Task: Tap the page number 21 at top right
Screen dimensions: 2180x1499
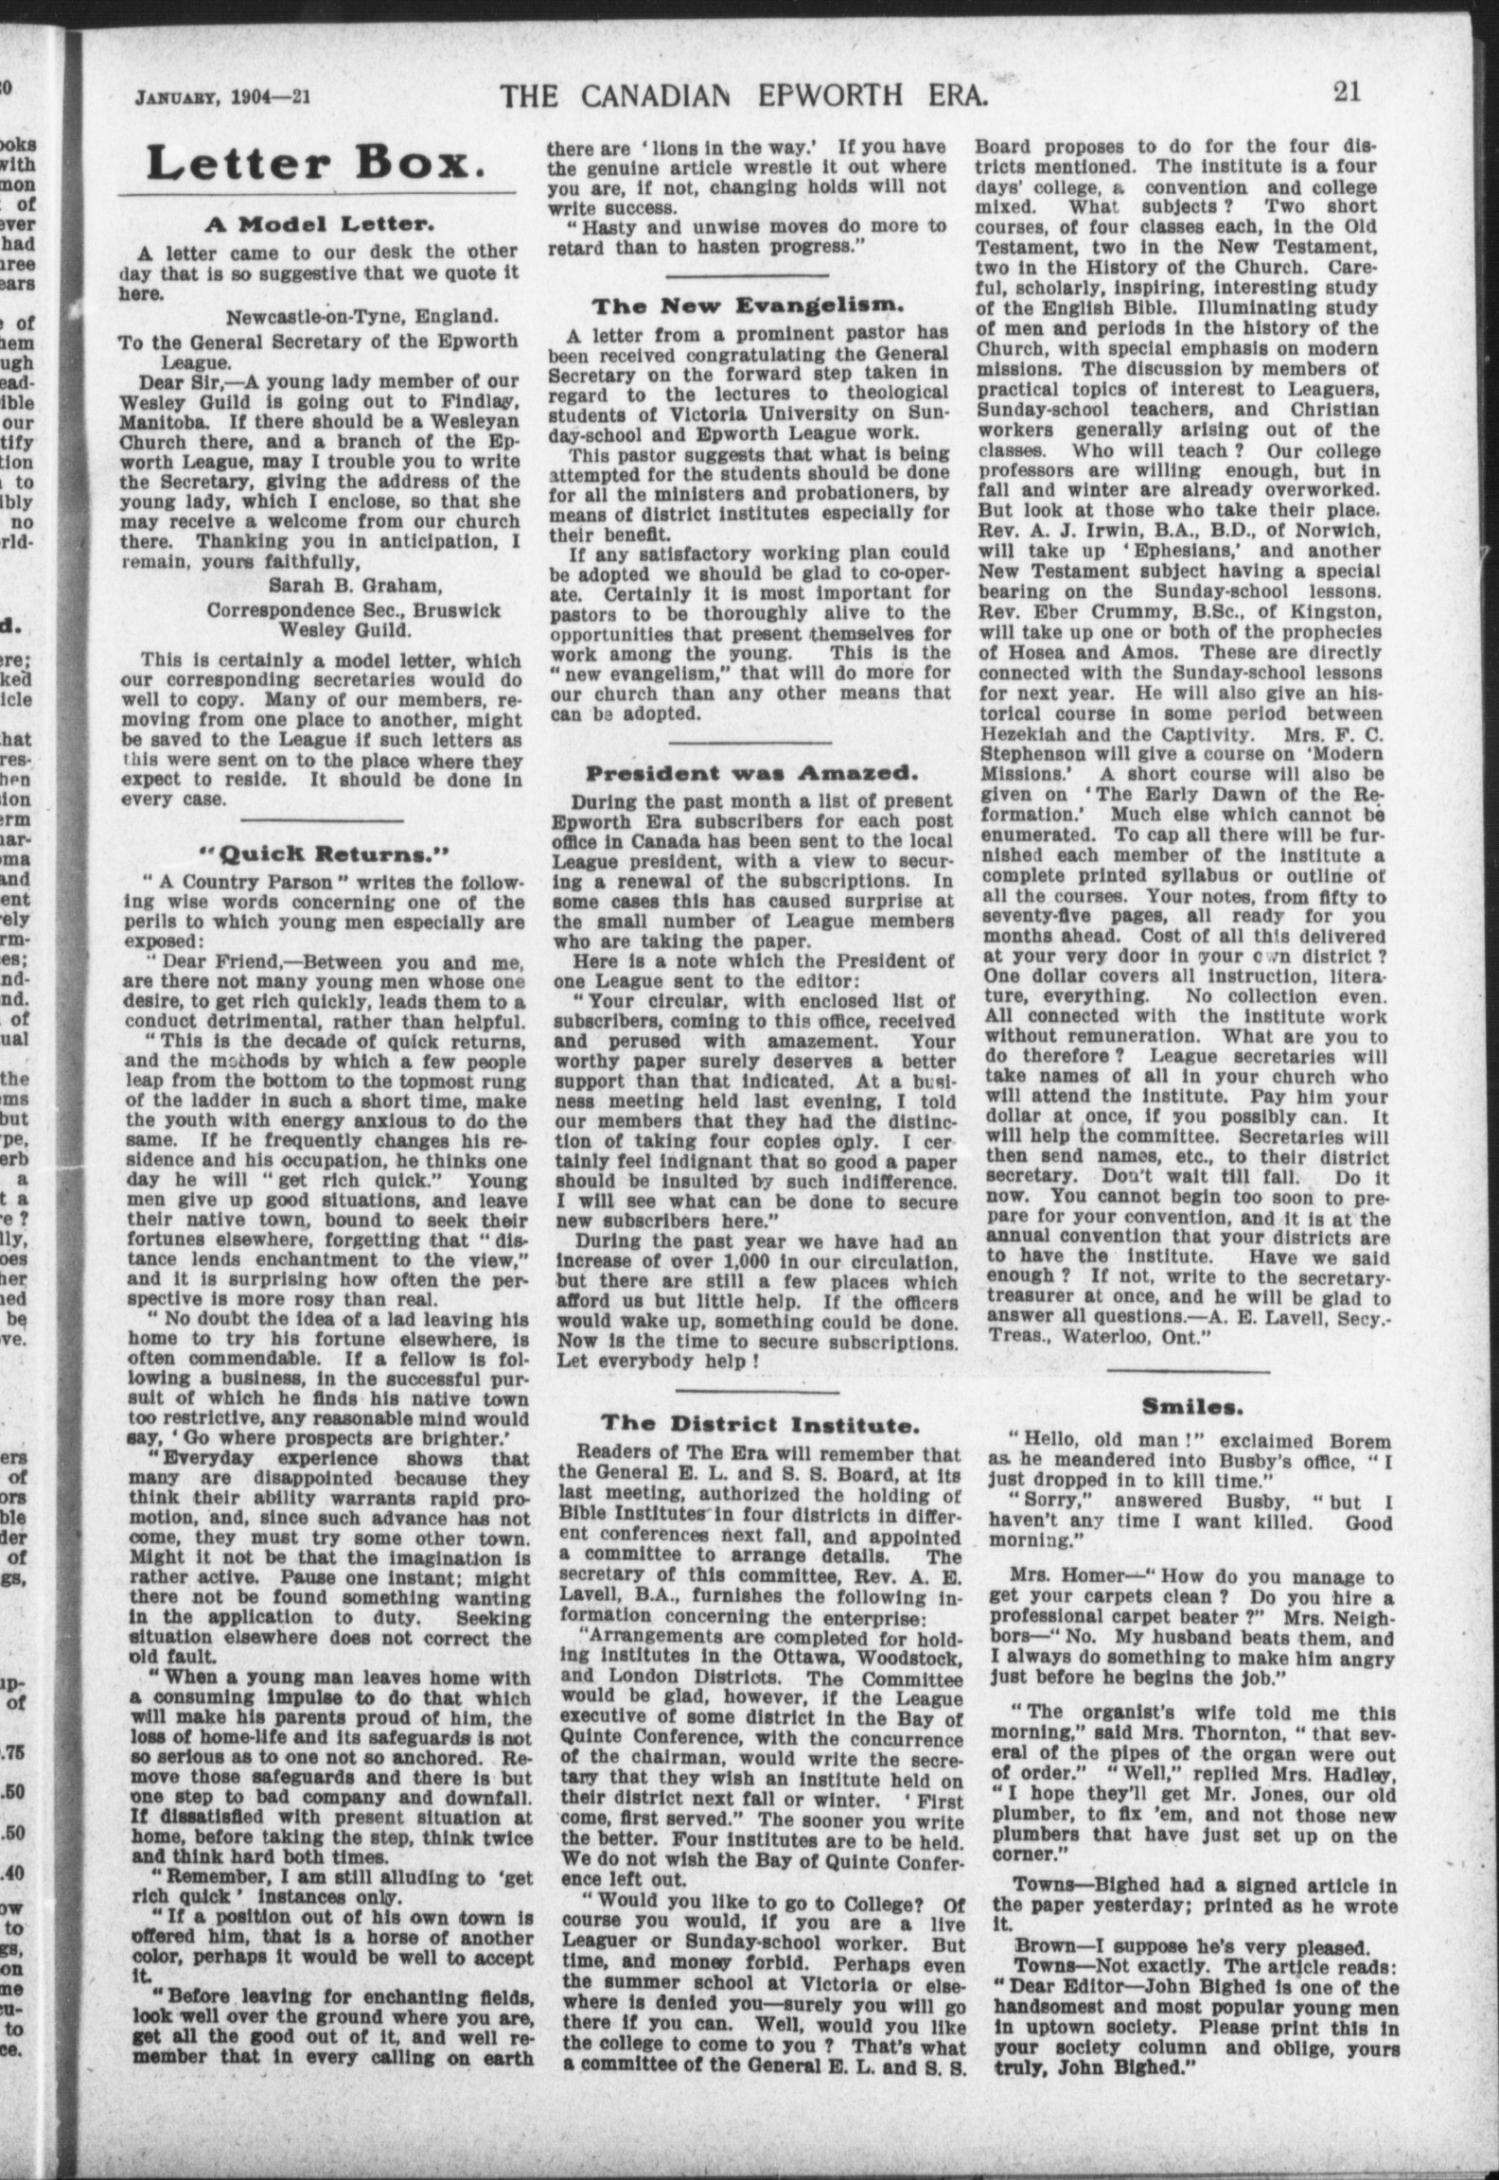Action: (x=1346, y=92)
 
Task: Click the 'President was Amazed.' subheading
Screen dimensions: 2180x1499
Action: (x=748, y=773)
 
